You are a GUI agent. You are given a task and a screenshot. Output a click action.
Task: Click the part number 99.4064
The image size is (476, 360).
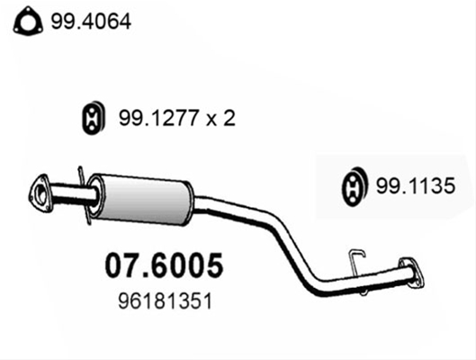tap(91, 22)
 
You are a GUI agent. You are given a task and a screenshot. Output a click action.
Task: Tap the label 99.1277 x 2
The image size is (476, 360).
tap(177, 118)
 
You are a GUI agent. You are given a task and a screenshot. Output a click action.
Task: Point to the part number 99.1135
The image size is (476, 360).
tap(416, 185)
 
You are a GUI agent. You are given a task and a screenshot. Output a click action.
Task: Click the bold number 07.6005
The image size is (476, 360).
tap(164, 265)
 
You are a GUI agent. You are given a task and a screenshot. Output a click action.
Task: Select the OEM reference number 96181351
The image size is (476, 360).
tap(165, 301)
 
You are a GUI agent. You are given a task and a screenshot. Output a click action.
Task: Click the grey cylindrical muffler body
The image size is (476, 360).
tap(143, 200)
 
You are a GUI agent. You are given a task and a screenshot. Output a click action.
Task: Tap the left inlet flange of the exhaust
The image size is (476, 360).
tap(40, 193)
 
